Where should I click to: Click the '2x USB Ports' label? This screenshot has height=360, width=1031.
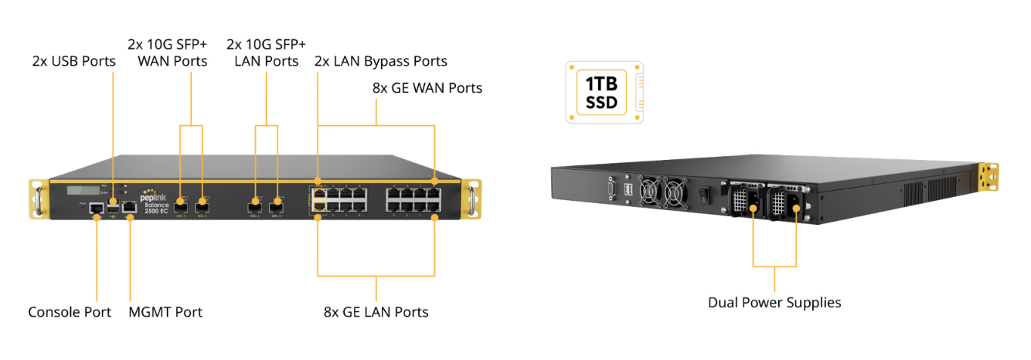[74, 61]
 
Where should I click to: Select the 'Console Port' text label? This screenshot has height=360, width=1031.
[70, 312]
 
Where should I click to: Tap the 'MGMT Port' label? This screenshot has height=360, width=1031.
[165, 312]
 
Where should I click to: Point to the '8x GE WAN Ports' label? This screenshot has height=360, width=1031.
[427, 88]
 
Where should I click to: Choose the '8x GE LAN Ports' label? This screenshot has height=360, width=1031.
[376, 312]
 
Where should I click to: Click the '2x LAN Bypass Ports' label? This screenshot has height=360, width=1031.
[380, 61]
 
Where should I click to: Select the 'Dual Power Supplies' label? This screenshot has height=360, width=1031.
[774, 302]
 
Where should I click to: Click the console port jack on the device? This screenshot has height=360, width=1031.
[97, 208]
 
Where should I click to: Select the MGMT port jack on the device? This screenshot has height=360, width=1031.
[129, 207]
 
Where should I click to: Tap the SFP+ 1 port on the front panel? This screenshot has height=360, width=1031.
[181, 206]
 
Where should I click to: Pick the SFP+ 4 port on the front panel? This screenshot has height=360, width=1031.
[276, 206]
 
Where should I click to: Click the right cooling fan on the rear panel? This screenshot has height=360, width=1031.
[675, 192]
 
